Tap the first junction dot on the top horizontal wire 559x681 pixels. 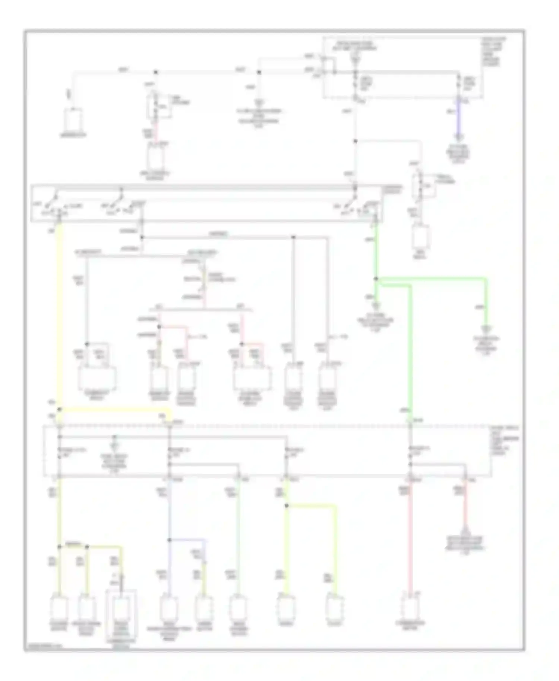coord(156,72)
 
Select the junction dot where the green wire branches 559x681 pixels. coord(376,278)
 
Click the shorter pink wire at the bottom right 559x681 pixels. coord(465,507)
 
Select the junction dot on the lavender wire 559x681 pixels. coord(169,539)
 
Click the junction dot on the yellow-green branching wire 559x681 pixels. coord(286,506)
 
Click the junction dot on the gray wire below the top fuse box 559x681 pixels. coord(356,141)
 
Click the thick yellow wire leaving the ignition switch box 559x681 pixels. coord(59,317)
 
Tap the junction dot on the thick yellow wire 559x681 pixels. coord(59,409)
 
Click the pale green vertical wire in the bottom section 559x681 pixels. coord(238,540)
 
